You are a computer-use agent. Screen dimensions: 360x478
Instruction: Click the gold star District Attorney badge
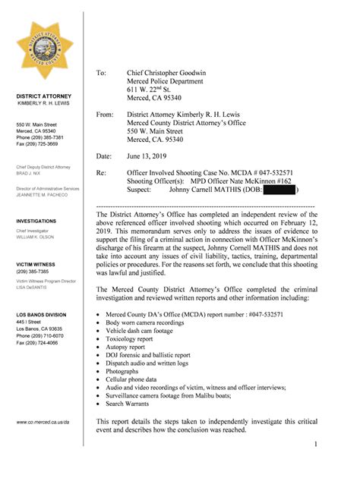pos(45,52)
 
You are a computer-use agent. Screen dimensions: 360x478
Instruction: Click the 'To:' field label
pos(102,73)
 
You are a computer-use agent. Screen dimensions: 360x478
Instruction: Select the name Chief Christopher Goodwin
pos(166,73)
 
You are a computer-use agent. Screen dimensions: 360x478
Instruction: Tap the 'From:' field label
pos(105,114)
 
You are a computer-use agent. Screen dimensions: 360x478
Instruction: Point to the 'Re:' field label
pos(102,174)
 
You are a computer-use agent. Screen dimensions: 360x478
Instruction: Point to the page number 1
pos(314,443)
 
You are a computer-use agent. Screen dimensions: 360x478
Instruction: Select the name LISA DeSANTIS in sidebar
pos(33,288)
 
